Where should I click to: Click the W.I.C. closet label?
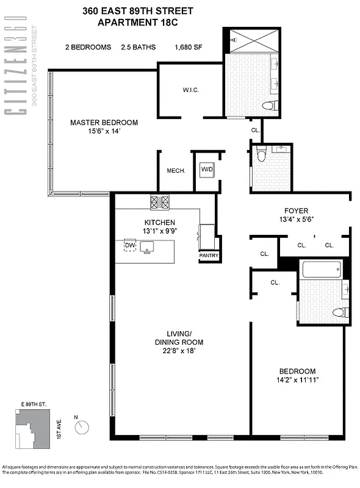tap(191, 90)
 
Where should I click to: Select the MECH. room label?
tap(175, 171)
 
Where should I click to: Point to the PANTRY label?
tap(209, 256)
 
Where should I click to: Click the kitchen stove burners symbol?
tap(159, 201)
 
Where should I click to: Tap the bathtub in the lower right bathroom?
tap(321, 270)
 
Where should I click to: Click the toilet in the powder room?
tap(261, 155)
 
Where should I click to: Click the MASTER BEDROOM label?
tap(104, 123)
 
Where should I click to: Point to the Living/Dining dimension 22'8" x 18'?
tap(179, 351)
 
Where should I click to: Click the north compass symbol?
tap(82, 428)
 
